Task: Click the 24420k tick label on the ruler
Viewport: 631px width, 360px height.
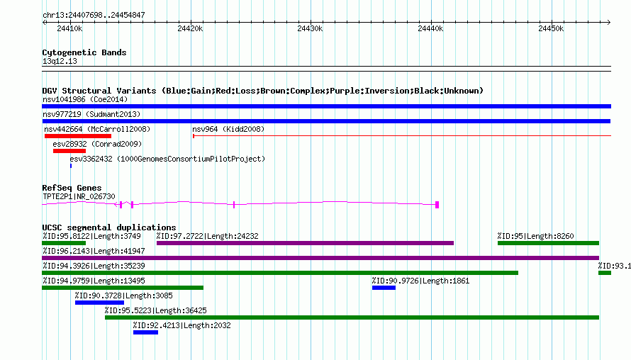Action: [190, 28]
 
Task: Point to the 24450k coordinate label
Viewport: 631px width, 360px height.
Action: [551, 28]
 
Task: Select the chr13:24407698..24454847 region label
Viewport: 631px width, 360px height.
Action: [94, 15]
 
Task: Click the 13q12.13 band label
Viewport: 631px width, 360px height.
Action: [60, 61]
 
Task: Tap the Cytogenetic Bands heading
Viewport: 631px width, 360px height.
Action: [84, 52]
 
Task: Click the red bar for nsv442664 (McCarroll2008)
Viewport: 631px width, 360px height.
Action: [78, 136]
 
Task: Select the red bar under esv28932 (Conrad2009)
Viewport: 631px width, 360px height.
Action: [69, 151]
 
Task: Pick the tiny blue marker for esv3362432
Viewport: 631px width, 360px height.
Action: [71, 166]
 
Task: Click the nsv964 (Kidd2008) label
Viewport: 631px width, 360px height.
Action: [228, 129]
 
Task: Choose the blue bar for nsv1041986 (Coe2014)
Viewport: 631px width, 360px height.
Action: [326, 106]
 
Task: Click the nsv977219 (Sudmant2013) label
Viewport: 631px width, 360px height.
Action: [91, 114]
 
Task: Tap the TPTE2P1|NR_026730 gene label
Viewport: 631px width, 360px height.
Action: [79, 196]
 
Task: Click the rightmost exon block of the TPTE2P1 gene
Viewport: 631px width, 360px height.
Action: [437, 205]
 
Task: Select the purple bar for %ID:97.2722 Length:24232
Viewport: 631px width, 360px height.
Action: [305, 243]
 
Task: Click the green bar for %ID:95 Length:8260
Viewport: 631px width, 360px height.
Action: [548, 243]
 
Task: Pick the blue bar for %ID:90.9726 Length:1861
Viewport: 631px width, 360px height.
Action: [384, 288]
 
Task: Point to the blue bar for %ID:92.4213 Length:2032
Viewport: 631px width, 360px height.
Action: [145, 332]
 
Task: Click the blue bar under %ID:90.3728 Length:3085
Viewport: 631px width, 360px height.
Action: [99, 303]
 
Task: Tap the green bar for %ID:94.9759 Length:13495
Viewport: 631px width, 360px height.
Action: [123, 288]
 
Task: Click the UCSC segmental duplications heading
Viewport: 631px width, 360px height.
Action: [109, 227]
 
